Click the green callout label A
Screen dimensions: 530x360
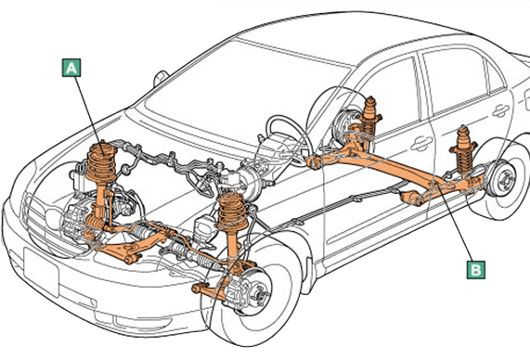point(71,68)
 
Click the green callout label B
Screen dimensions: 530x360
point(476,270)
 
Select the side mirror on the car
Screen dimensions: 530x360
point(161,78)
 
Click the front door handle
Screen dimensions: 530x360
point(421,143)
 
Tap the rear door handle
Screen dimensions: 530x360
point(501,110)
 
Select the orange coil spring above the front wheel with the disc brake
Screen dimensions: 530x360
point(233,211)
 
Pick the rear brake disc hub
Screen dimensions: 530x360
point(504,179)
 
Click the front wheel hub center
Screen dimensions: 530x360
point(259,291)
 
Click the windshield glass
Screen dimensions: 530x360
point(243,91)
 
